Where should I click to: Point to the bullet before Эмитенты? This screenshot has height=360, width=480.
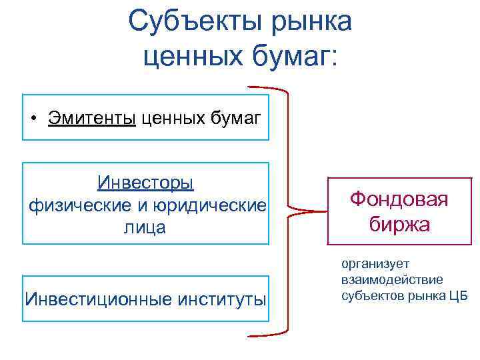[34, 119]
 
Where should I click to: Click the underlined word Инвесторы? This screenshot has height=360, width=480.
[145, 182]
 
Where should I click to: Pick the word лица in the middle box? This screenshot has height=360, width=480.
[145, 227]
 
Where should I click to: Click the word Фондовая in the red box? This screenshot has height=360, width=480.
[399, 199]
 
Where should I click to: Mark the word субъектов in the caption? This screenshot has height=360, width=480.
[369, 295]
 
